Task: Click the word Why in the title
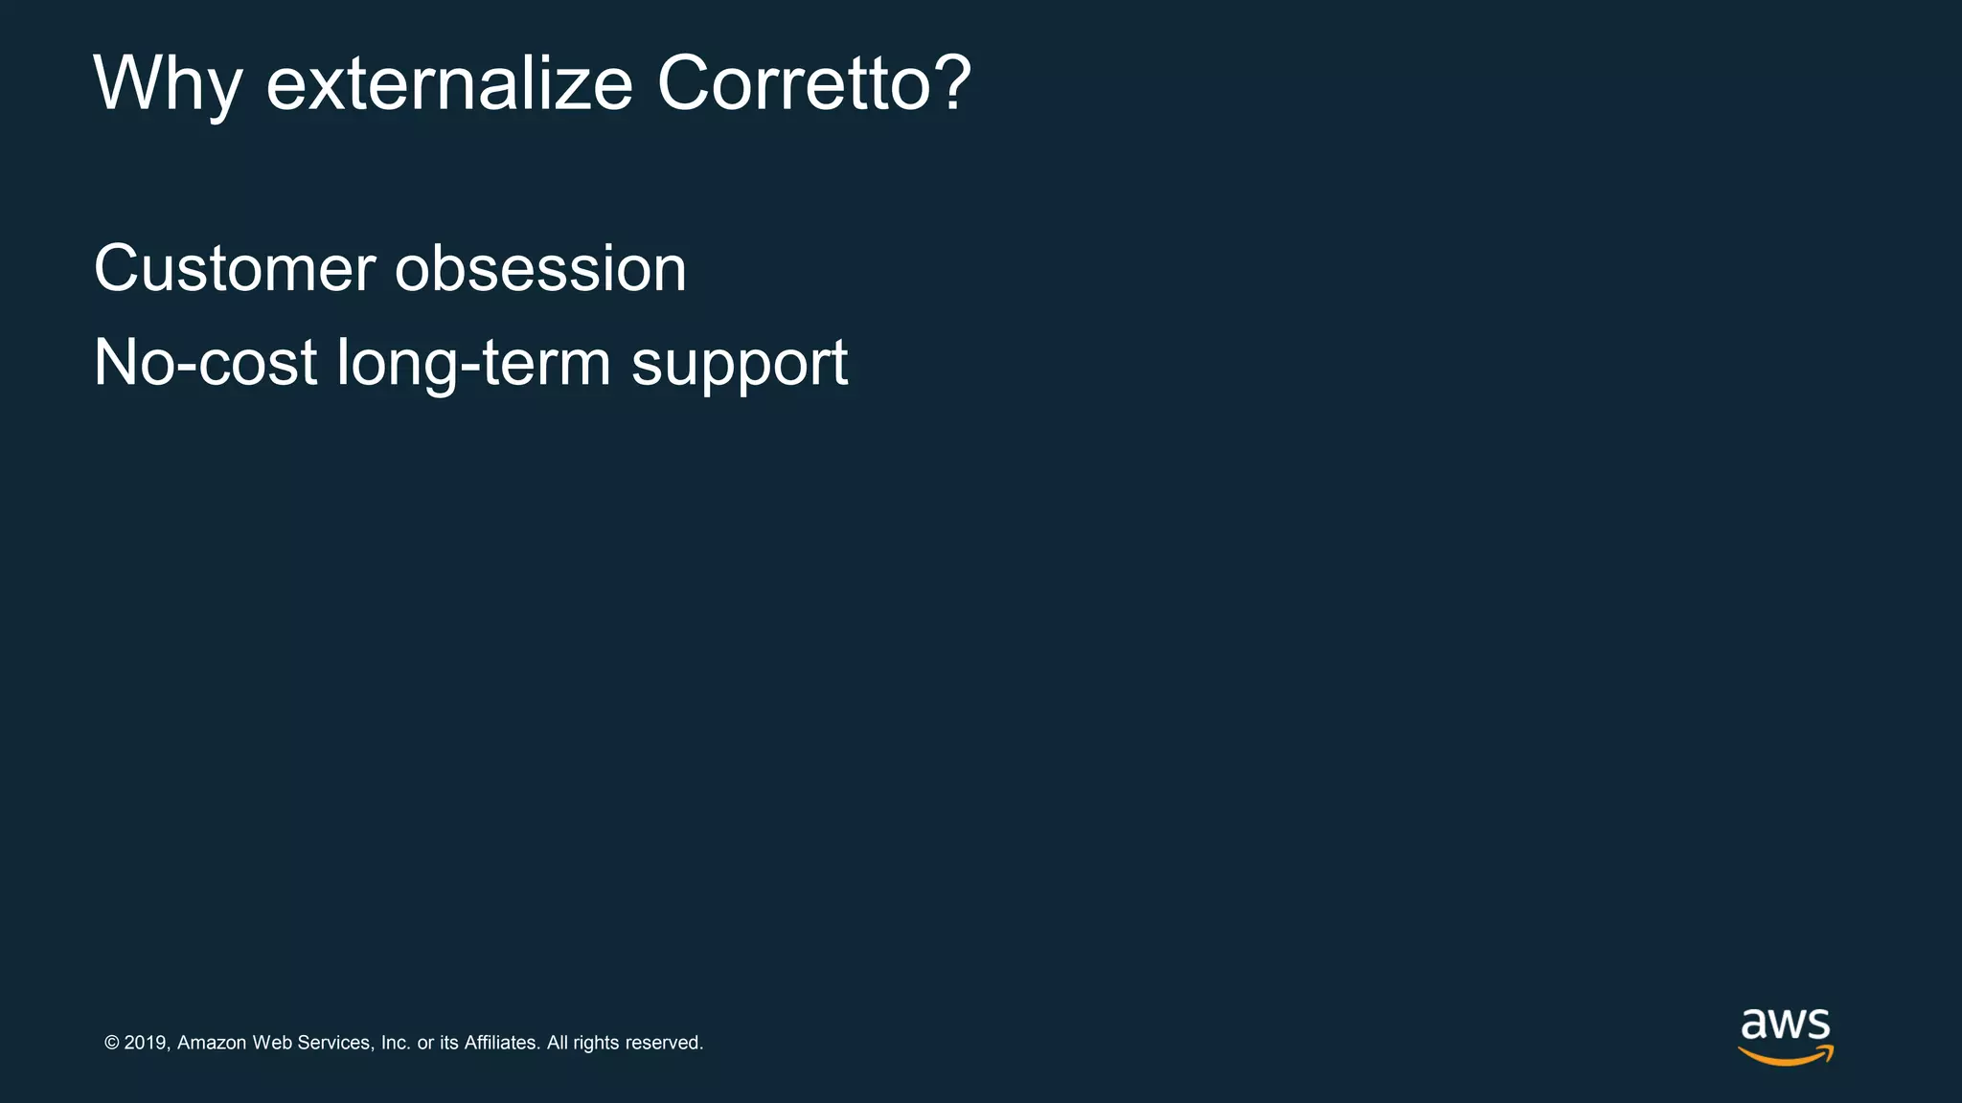tap(167, 84)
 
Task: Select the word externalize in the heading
tap(449, 84)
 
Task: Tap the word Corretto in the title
tap(790, 84)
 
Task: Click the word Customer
tap(234, 269)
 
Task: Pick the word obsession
tap(540, 269)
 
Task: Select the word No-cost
tap(205, 363)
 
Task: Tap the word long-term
tap(473, 365)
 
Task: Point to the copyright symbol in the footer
tap(112, 1043)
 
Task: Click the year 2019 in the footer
tap(147, 1043)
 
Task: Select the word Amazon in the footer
tap(212, 1043)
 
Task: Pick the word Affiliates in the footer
tap(501, 1043)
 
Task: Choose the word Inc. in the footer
tap(396, 1043)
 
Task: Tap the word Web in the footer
tap(271, 1043)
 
